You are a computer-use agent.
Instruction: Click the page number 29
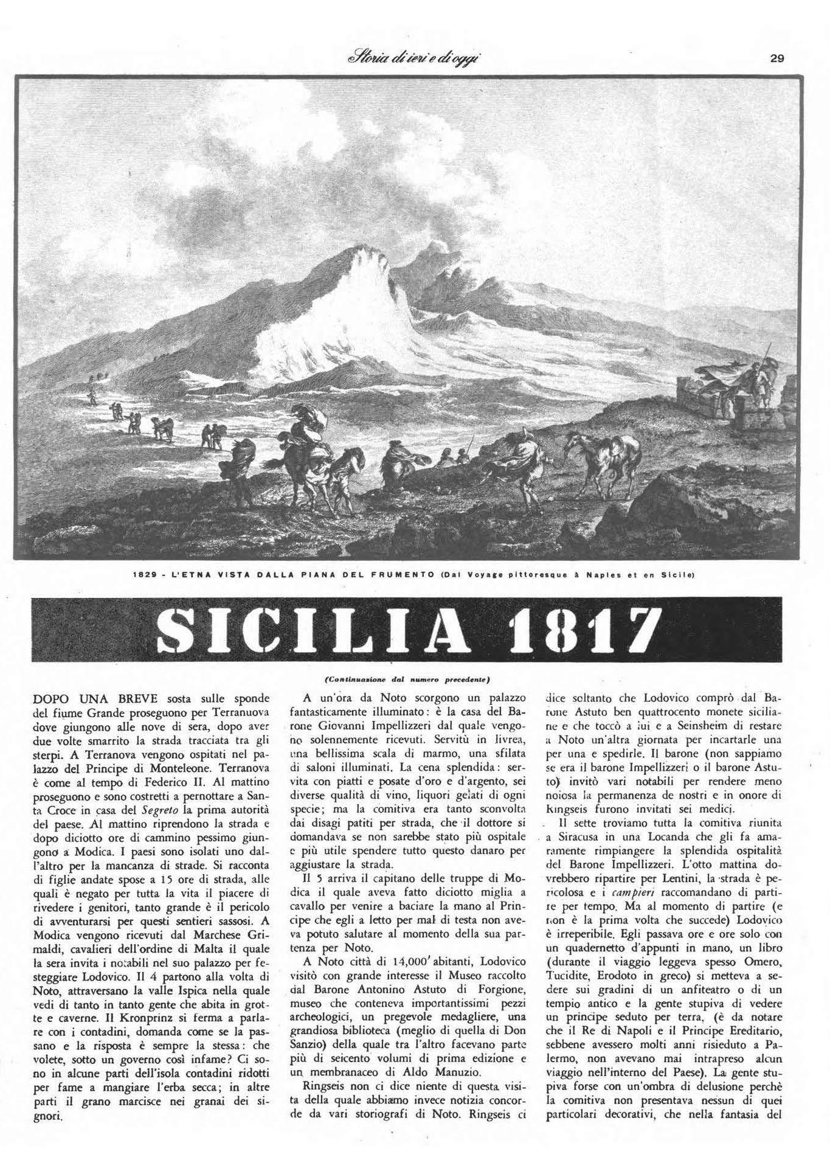(x=777, y=58)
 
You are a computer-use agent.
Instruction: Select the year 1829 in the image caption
(x=144, y=574)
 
